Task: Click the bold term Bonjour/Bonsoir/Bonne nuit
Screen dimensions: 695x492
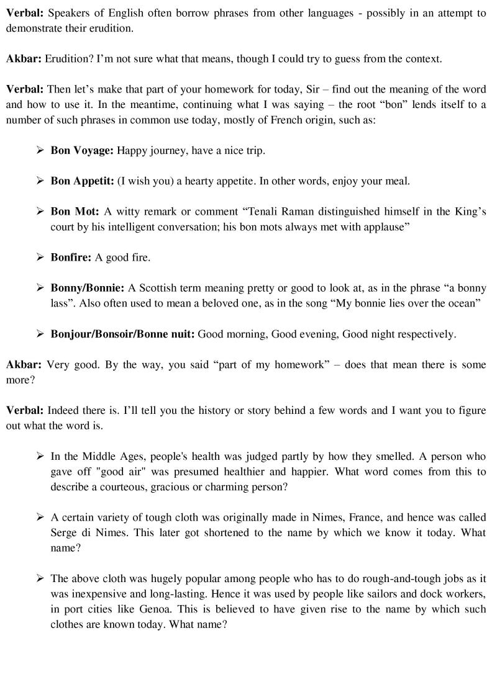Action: coord(122,334)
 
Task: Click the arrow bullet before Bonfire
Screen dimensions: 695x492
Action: coord(40,258)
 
